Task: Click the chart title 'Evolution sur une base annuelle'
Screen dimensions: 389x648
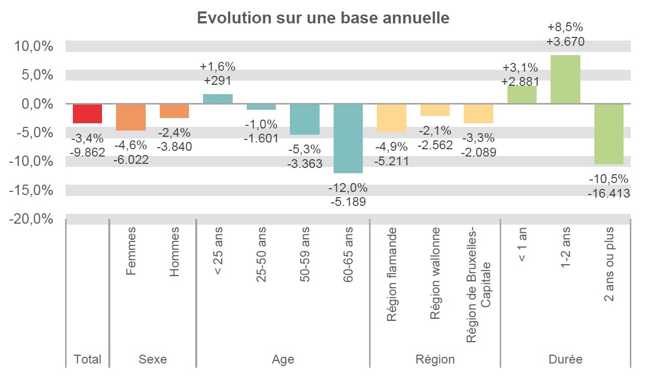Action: (323, 18)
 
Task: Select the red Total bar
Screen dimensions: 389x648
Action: (87, 113)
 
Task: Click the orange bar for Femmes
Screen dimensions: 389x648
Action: (131, 117)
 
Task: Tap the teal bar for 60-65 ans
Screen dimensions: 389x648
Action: (348, 138)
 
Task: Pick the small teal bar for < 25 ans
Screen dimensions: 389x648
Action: (218, 99)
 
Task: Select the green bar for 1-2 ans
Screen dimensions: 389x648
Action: (565, 80)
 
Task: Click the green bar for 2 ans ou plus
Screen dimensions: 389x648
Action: (608, 134)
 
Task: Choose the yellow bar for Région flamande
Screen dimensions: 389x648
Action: (391, 118)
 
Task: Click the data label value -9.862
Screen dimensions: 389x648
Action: (87, 152)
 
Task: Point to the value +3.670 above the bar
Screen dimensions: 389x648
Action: (565, 42)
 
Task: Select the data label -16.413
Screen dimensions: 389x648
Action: (608, 193)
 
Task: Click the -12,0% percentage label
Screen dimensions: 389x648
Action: (348, 188)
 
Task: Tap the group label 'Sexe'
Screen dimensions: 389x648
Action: (153, 359)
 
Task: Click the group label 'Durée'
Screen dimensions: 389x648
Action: (565, 359)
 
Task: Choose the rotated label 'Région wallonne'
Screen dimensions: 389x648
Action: (435, 273)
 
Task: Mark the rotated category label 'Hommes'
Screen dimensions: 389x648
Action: (174, 251)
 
